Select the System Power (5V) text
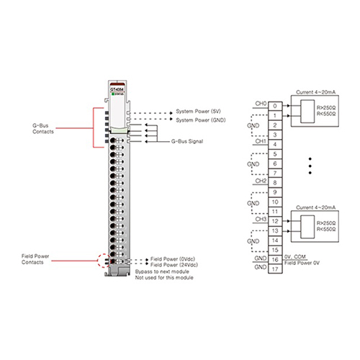coord(199,112)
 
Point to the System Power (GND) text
coord(201,120)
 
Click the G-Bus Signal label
coord(183,142)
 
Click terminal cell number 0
coord(276,105)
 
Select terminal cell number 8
coord(276,183)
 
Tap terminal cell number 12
coord(276,221)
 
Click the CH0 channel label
coord(261,104)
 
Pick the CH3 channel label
coord(261,220)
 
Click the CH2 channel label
coord(261,181)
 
